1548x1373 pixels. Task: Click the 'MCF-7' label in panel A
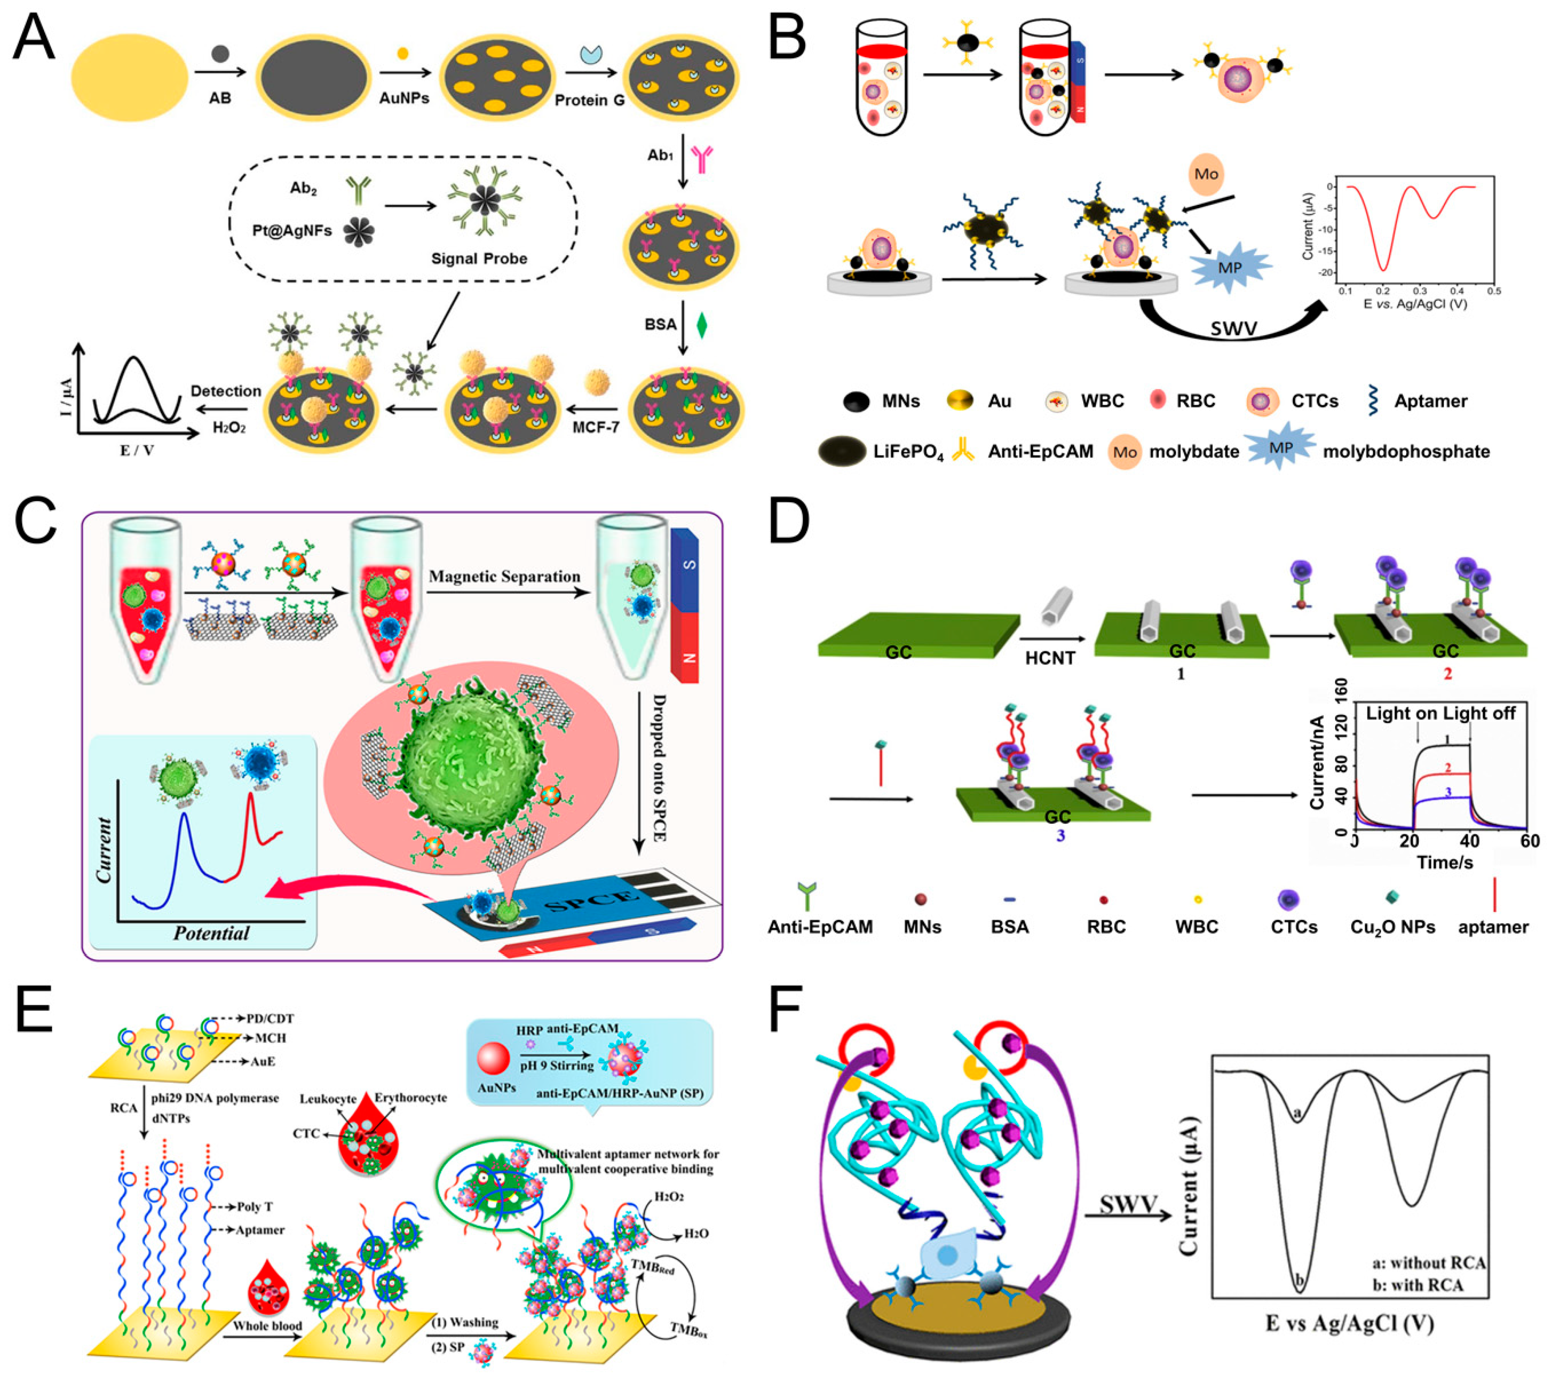coord(595,428)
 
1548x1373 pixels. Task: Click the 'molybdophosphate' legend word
coord(1407,452)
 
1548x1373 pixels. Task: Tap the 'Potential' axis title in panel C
coord(211,932)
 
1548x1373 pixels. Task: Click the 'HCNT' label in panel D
coord(1050,658)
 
